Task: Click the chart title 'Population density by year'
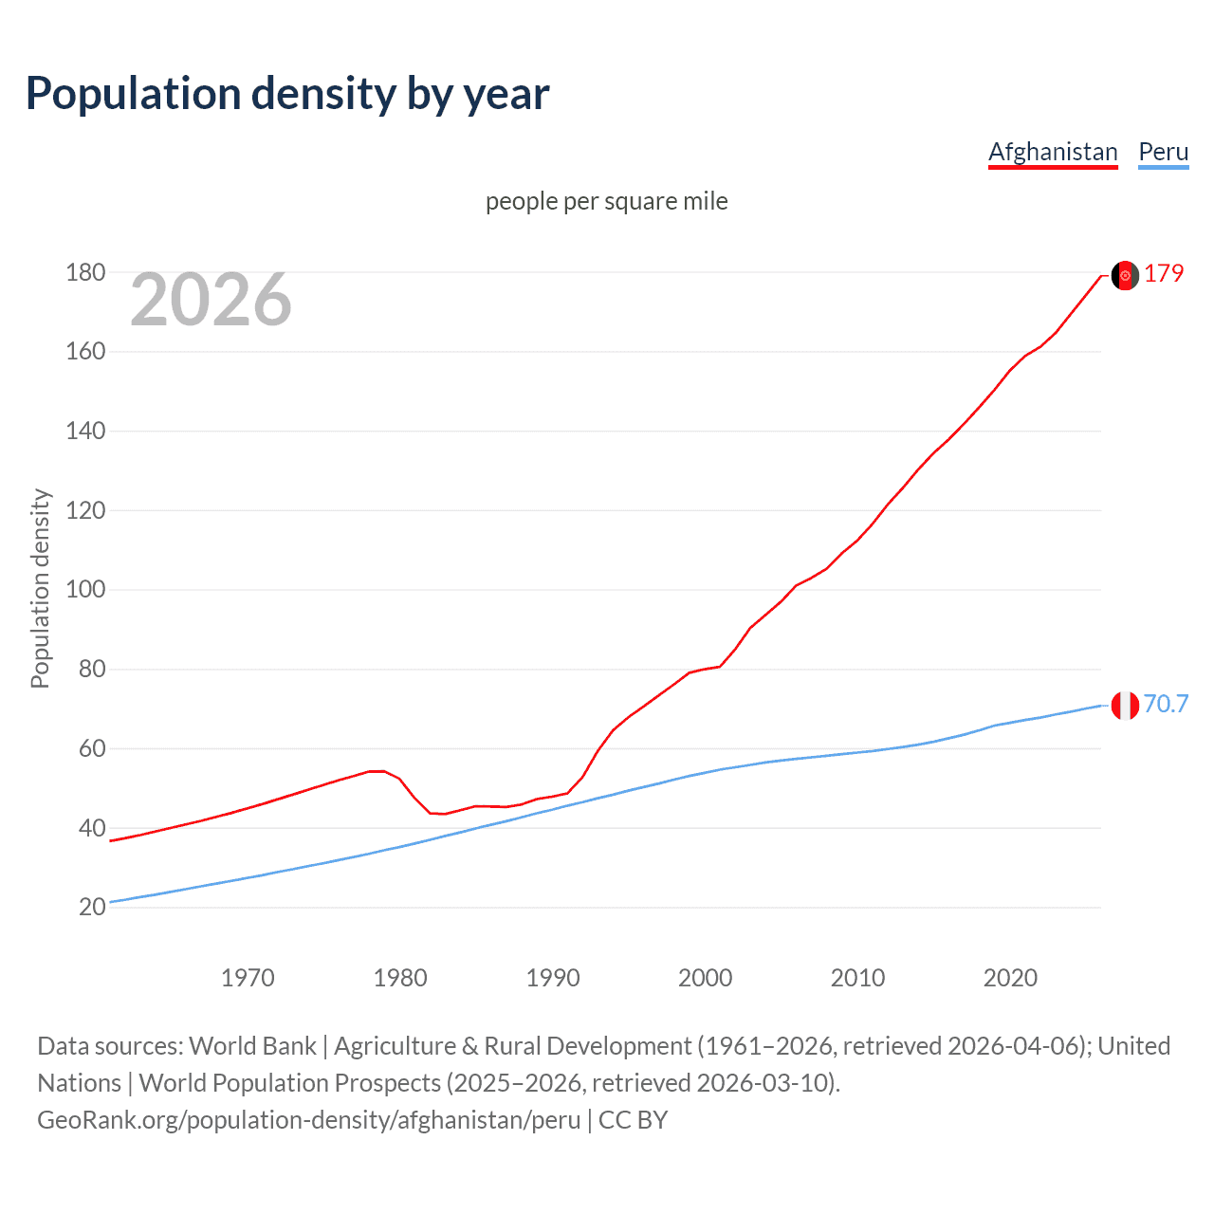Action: [x=287, y=94]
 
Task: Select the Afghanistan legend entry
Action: [x=1053, y=152]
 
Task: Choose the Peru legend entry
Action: [x=1163, y=152]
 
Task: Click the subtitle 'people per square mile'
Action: [x=606, y=201]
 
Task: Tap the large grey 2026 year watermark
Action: [x=211, y=300]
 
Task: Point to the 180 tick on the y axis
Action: [x=85, y=273]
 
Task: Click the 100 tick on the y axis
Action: [x=85, y=590]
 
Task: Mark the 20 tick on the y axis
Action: [x=92, y=907]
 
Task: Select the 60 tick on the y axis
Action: [x=92, y=748]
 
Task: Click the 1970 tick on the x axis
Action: [x=248, y=978]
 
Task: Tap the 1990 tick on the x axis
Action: [x=553, y=978]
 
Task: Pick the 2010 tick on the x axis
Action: [x=857, y=978]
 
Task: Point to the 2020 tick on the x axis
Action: [x=1010, y=978]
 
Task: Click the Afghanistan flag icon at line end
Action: [x=1125, y=275]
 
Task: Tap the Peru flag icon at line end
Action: [x=1125, y=706]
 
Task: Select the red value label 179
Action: [x=1164, y=273]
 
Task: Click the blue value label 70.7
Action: [x=1166, y=704]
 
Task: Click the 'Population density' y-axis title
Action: [x=40, y=588]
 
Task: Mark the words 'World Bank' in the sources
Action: [x=252, y=1046]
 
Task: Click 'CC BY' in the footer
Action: [x=633, y=1120]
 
